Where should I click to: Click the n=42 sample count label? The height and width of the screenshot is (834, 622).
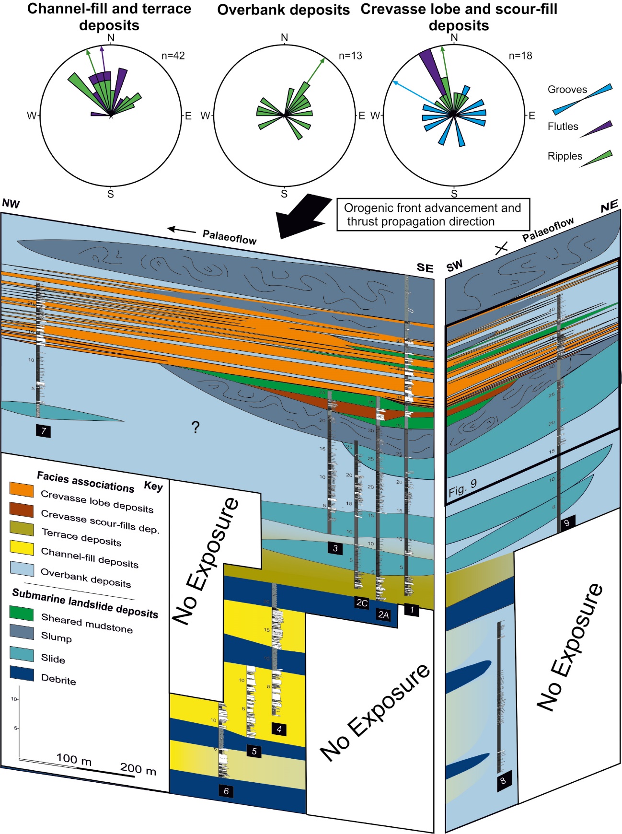coord(173,56)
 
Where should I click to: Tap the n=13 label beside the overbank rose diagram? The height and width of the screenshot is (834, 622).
coord(350,56)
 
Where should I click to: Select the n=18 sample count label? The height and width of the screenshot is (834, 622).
coord(520,56)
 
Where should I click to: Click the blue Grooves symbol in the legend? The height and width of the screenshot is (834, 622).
coord(582,100)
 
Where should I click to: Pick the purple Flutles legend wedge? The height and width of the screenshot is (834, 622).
coord(597,129)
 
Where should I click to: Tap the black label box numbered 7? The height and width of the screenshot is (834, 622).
coord(43,430)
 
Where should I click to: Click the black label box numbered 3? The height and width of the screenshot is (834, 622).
coord(335,548)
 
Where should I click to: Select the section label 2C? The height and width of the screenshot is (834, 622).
coord(362,603)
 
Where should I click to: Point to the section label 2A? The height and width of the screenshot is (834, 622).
coord(383,614)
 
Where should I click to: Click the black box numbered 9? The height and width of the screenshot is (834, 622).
coord(567,522)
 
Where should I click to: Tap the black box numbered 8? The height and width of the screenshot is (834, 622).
coord(503,780)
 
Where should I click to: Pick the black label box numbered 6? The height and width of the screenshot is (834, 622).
coord(226,791)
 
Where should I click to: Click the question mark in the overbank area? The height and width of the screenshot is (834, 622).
coord(195,427)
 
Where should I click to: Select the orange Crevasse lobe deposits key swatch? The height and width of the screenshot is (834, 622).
coord(22,489)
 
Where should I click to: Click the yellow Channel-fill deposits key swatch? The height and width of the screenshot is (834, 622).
coord(22,547)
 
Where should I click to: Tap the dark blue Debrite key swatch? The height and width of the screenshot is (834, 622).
coord(22,673)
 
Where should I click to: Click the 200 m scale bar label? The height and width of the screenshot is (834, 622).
coord(138,769)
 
